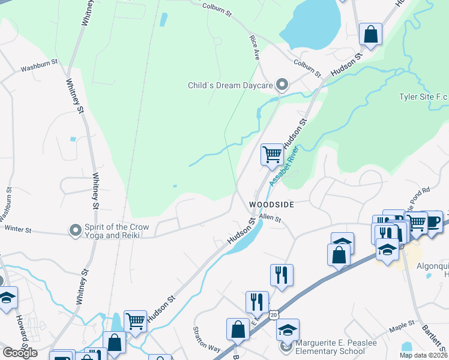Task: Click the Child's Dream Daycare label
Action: [x=231, y=86]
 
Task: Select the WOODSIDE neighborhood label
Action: [x=271, y=205]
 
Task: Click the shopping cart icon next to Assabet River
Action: [x=272, y=154]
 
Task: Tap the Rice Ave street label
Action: [x=255, y=47]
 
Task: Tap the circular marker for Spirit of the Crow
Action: [x=75, y=230]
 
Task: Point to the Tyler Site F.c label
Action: [x=423, y=97]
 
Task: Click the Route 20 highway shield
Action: [x=274, y=314]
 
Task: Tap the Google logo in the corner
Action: [x=19, y=353]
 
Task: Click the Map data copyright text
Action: [x=423, y=355]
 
